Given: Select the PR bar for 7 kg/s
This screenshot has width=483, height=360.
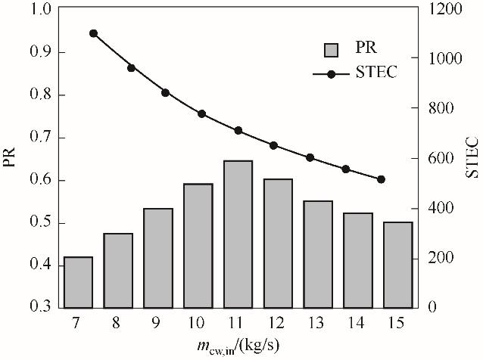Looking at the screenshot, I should (x=78, y=282).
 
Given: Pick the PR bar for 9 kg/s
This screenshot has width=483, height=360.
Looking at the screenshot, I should (x=158, y=258).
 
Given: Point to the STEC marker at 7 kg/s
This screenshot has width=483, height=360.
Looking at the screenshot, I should (x=93, y=33).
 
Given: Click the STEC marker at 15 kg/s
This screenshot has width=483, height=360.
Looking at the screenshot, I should (x=381, y=179).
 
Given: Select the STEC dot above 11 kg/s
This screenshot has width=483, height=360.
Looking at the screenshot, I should (x=238, y=131).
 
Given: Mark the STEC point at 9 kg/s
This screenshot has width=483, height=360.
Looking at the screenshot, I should (x=165, y=92).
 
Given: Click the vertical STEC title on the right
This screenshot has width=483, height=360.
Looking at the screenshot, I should (x=472, y=157).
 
